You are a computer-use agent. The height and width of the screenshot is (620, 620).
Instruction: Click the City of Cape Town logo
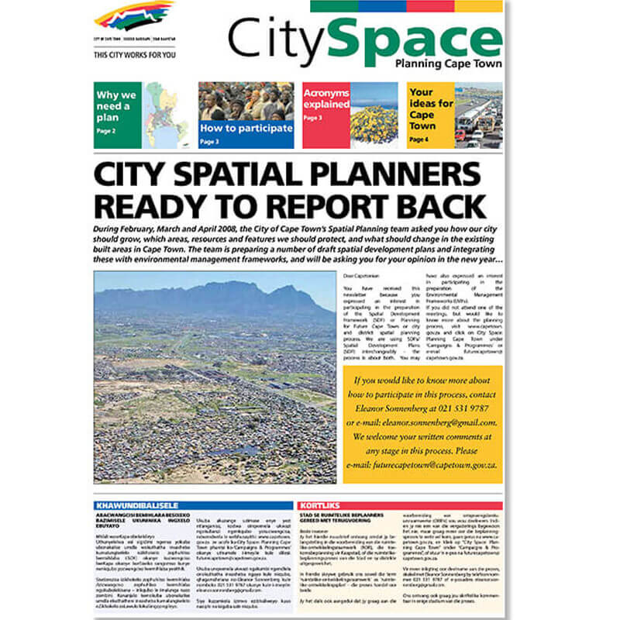[x=133, y=17]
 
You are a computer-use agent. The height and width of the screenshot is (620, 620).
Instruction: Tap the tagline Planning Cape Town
[x=448, y=64]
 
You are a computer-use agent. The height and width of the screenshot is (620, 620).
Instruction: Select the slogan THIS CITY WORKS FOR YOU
[x=133, y=55]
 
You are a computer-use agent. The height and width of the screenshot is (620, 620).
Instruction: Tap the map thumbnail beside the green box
[x=166, y=115]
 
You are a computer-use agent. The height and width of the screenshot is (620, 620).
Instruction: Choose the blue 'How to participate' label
[x=246, y=128]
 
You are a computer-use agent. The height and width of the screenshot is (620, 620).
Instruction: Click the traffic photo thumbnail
[x=478, y=115]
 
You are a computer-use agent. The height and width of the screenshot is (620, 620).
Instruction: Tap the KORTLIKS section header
[x=321, y=505]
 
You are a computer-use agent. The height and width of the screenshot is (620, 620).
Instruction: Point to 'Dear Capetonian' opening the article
[x=358, y=276]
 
